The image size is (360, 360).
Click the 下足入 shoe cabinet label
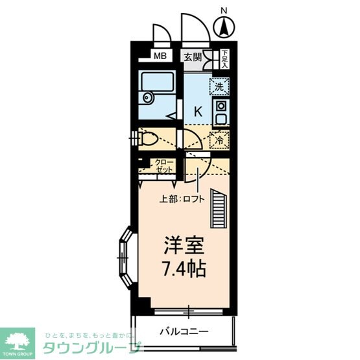224,58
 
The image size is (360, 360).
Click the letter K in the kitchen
198,111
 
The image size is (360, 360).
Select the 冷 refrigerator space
219,139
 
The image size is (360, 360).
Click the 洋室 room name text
184,247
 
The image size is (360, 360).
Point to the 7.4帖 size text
184,268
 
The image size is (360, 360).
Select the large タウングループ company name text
90,348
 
